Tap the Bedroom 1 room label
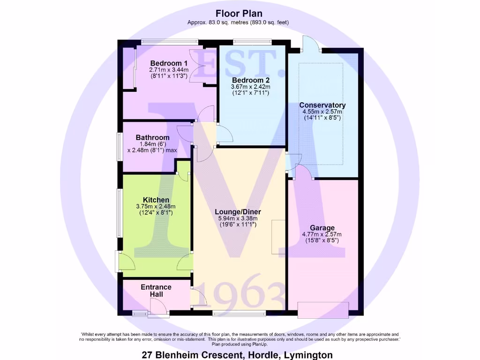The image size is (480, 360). [169, 63]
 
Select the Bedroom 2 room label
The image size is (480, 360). [250, 80]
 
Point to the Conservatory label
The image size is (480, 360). [322, 105]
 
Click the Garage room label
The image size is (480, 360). [322, 228]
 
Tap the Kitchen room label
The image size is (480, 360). [156, 200]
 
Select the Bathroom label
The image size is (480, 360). [152, 137]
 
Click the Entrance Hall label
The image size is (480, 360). [156, 290]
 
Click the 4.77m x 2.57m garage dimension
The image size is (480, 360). [322, 234]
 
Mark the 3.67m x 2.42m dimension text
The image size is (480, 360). [250, 87]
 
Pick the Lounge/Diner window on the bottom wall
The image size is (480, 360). [239, 312]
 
